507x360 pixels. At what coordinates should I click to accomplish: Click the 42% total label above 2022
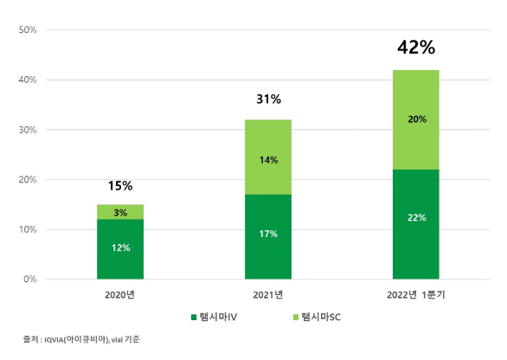(x=415, y=48)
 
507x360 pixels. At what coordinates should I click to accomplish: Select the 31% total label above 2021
(x=268, y=100)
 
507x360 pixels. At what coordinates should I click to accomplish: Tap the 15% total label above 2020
(x=120, y=185)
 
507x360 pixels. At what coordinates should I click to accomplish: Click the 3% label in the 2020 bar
(x=120, y=212)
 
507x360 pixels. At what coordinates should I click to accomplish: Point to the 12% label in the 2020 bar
(x=120, y=247)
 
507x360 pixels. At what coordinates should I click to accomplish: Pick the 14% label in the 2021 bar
(x=268, y=159)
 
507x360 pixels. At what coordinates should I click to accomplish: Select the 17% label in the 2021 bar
(x=268, y=233)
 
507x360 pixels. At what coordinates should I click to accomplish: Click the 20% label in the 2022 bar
(x=416, y=119)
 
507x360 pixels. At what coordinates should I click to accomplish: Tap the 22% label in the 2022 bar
(x=416, y=217)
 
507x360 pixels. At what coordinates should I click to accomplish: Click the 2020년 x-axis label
(x=120, y=295)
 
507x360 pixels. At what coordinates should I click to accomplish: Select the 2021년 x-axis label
(x=268, y=295)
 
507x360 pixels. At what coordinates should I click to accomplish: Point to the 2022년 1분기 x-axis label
(x=416, y=295)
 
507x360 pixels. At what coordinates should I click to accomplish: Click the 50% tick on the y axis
(x=27, y=30)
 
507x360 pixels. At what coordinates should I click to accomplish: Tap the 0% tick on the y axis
(x=29, y=280)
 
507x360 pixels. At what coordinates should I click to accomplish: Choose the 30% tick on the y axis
(x=27, y=130)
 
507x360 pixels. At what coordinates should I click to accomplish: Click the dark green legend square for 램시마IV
(x=194, y=317)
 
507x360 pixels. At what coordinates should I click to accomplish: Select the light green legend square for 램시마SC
(x=294, y=317)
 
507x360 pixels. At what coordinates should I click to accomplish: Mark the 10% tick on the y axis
(x=27, y=230)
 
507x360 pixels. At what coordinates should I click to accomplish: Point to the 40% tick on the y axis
(x=27, y=80)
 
